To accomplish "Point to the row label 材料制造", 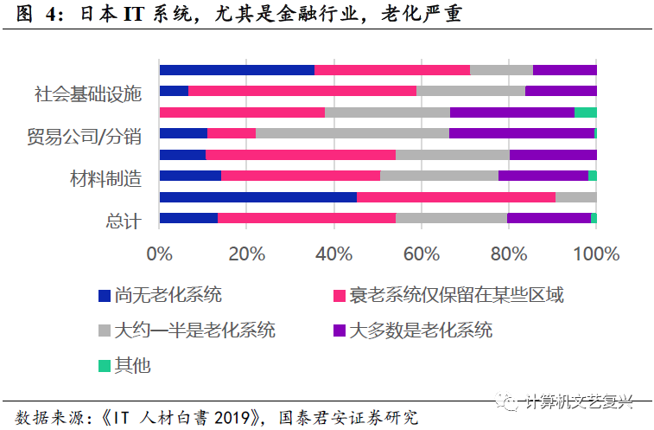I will click(x=105, y=178).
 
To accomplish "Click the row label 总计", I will click(x=122, y=221).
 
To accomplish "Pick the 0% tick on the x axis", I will click(x=160, y=254).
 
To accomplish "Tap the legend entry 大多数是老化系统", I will click(x=420, y=331).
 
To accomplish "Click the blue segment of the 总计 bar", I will click(x=188, y=218).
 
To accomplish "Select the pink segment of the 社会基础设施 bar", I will click(x=302, y=91).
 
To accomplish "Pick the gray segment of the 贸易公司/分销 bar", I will click(x=352, y=133).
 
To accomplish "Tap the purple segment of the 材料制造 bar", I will click(x=543, y=176).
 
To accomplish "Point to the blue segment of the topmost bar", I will click(x=237, y=70).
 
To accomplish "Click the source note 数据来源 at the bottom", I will click(x=217, y=417).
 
